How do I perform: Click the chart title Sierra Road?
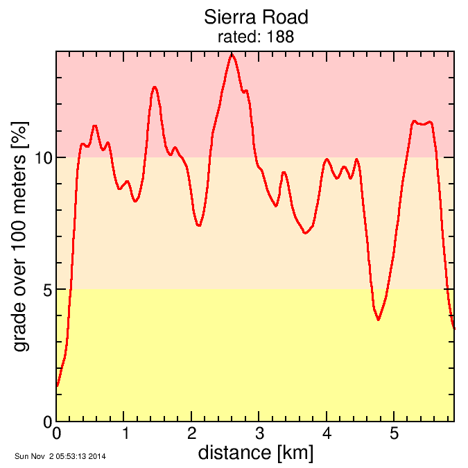pyautogui.click(x=255, y=17)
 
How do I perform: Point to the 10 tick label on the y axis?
pyautogui.click(x=44, y=157)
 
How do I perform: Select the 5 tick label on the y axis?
pyautogui.click(x=48, y=289)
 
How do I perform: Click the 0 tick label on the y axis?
pyautogui.click(x=48, y=422)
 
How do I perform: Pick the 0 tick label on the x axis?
pyautogui.click(x=57, y=435)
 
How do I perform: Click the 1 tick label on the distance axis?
pyautogui.click(x=125, y=435)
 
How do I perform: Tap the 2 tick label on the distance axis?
pyautogui.click(x=192, y=435)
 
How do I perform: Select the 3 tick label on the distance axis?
pyautogui.click(x=259, y=435)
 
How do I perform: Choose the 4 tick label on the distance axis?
pyautogui.click(x=327, y=435)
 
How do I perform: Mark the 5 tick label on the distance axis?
pyautogui.click(x=394, y=435)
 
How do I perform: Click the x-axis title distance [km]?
pyautogui.click(x=255, y=453)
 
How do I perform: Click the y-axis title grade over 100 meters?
pyautogui.click(x=22, y=236)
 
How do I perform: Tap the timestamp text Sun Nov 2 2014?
pyautogui.click(x=60, y=456)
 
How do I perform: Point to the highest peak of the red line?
pyautogui.click(x=232, y=54)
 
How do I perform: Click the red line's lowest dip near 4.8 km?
pyautogui.click(x=379, y=320)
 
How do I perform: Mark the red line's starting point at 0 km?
pyautogui.click(x=58, y=386)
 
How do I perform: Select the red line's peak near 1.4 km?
pyautogui.click(x=155, y=87)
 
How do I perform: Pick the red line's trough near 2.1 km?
pyautogui.click(x=199, y=225)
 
